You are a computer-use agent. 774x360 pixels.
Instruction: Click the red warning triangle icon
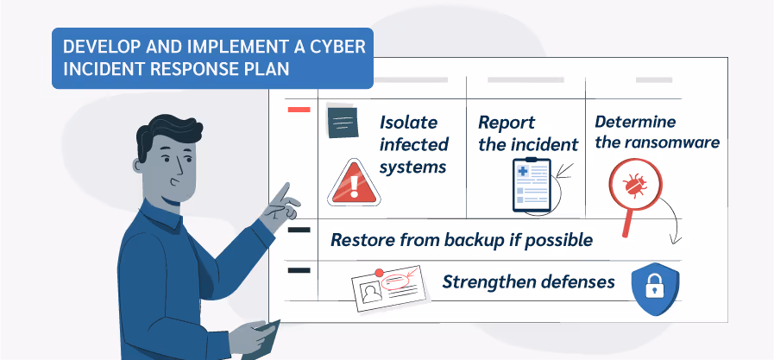click(x=352, y=183)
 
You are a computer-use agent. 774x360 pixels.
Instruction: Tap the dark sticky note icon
click(x=343, y=123)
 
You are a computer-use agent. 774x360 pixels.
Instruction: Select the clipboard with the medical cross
click(x=530, y=184)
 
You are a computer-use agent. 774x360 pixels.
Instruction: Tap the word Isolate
click(x=409, y=122)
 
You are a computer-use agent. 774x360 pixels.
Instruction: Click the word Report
click(x=507, y=123)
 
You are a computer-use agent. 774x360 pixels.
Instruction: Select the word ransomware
click(x=670, y=142)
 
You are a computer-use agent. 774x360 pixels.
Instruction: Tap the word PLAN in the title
click(x=267, y=68)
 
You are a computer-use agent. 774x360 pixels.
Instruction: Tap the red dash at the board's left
click(x=299, y=110)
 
